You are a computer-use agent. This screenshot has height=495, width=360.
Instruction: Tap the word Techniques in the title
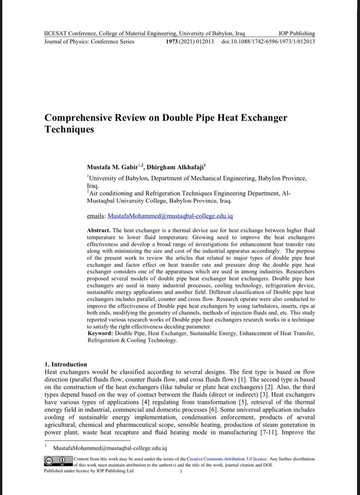[69, 129]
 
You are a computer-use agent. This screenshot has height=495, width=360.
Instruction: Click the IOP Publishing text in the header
[297, 34]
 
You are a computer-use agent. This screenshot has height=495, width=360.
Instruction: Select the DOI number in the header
[268, 42]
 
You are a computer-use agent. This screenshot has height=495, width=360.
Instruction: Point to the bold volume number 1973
[172, 42]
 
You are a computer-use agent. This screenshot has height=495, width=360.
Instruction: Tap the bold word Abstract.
[99, 230]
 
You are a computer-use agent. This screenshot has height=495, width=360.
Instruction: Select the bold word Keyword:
[101, 333]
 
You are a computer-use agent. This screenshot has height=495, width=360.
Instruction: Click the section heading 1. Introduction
[66, 364]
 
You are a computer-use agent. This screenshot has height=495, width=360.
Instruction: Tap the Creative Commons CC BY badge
[58, 462]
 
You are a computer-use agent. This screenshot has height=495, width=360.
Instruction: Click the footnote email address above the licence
[110, 448]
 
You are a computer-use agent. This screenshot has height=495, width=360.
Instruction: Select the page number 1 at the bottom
[181, 471]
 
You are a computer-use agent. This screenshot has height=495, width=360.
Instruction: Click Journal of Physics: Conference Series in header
[89, 42]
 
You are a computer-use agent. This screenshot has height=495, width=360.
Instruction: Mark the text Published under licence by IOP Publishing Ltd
[89, 471]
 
